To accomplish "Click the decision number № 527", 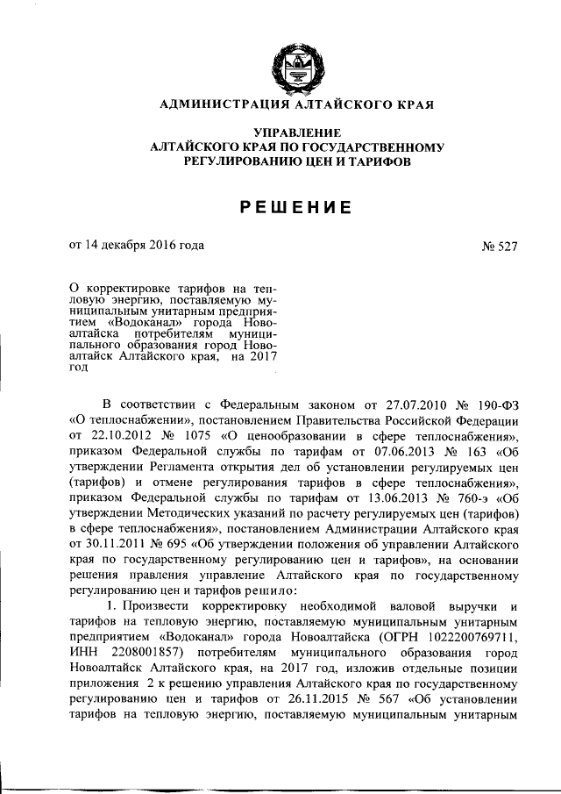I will [x=500, y=247].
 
